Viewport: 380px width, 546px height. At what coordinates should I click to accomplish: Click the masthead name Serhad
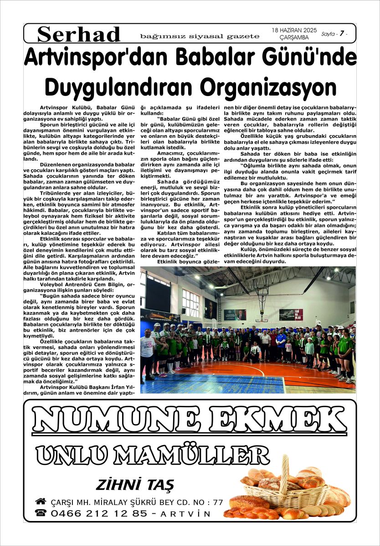pyautogui.click(x=79, y=34)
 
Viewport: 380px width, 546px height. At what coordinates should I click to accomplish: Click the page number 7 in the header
pyautogui.click(x=342, y=34)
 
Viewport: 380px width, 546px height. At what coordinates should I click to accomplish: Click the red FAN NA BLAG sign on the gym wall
pyautogui.click(x=291, y=314)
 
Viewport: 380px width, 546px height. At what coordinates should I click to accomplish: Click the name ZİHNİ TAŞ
pyautogui.click(x=134, y=485)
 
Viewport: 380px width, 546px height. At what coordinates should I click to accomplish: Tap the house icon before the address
pyautogui.click(x=41, y=501)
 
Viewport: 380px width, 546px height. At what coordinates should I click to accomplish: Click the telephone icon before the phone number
pyautogui.click(x=41, y=513)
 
